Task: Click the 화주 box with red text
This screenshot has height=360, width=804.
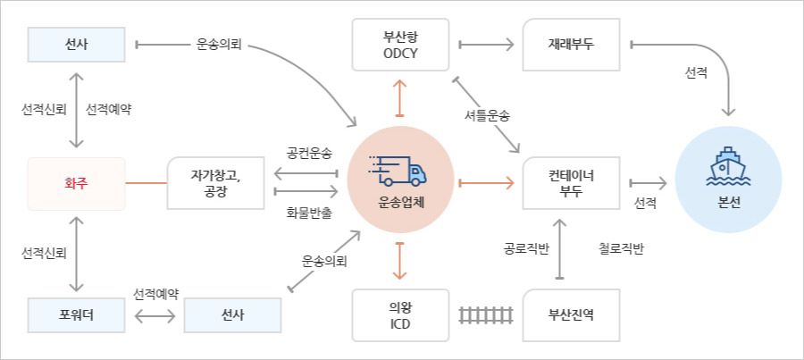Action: [x=76, y=184]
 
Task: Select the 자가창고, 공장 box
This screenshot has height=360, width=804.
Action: [x=215, y=184]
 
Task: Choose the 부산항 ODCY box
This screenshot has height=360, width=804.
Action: [x=398, y=45]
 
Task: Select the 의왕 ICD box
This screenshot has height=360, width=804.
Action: [x=399, y=314]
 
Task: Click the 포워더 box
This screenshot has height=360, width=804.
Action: [x=76, y=315]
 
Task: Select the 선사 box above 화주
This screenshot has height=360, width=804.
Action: [x=76, y=44]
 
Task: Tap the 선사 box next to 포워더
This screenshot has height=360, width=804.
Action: [x=232, y=315]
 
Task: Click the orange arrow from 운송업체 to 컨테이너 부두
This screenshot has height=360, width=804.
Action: [x=487, y=183]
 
